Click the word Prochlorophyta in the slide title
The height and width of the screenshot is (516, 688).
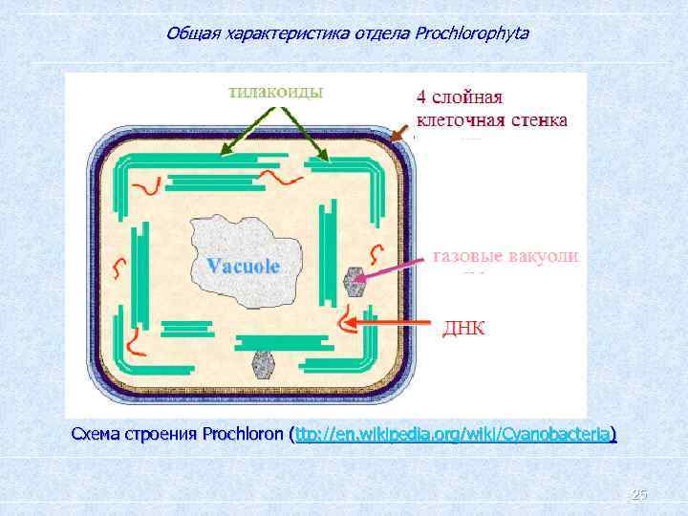472,33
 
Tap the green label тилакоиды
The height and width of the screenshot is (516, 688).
275,91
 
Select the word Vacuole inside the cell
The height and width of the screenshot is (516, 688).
244,267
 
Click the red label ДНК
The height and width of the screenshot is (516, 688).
462,328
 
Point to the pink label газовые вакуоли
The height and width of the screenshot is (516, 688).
505,256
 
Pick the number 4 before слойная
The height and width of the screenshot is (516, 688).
420,98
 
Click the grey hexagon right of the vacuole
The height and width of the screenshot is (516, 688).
355,282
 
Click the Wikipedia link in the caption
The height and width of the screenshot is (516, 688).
456,436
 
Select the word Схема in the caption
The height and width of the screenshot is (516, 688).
95,436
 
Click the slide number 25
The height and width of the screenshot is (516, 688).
639,494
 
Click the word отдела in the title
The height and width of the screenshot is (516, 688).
388,33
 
